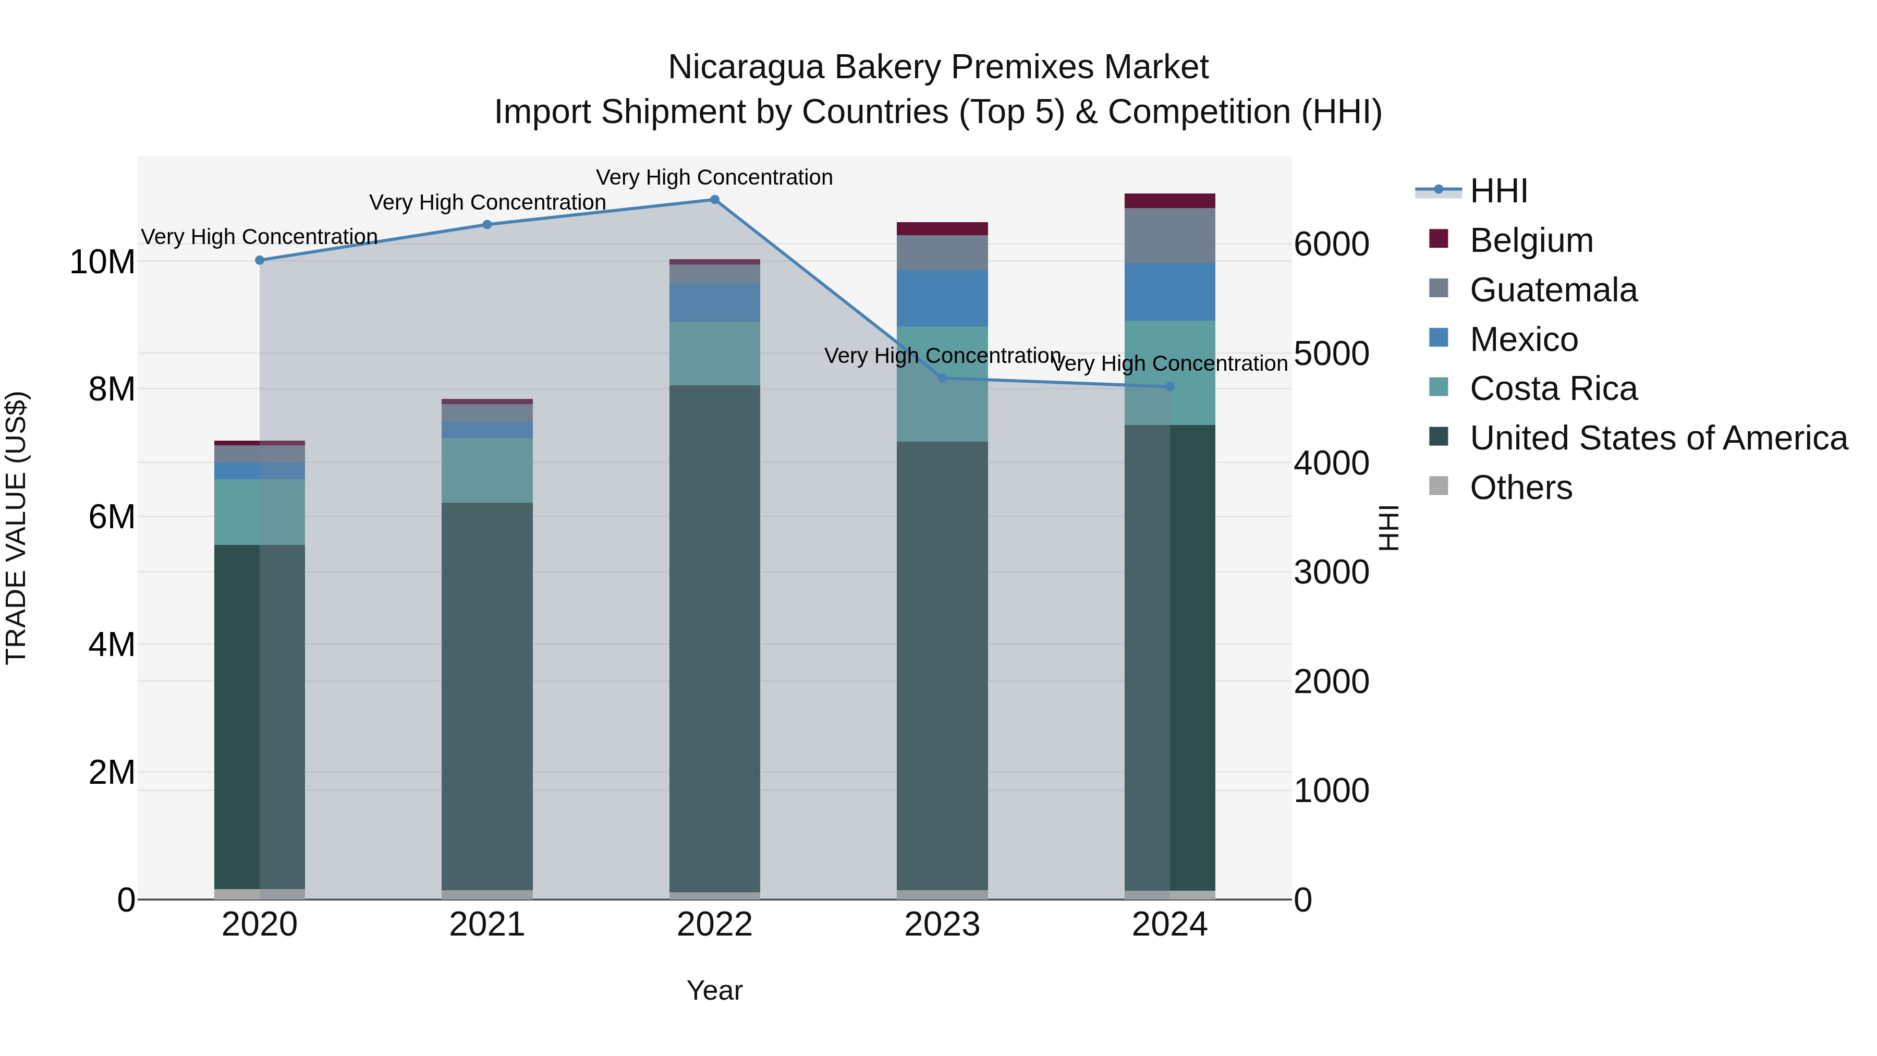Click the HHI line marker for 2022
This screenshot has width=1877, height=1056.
[x=714, y=200]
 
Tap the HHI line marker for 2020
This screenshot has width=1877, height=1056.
[x=260, y=260]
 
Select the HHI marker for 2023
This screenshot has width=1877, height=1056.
[x=942, y=378]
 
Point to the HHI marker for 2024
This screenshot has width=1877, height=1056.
[x=1169, y=387]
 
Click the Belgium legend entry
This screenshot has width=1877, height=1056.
[x=1531, y=240]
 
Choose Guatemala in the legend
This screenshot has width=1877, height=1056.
[x=1553, y=290]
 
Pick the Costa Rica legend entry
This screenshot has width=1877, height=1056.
[x=1553, y=389]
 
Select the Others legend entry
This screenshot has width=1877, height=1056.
[x=1521, y=488]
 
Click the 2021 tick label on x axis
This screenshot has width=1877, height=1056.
[x=487, y=925]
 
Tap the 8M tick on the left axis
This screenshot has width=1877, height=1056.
[x=112, y=389]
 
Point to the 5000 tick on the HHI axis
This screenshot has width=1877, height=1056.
[x=1331, y=354]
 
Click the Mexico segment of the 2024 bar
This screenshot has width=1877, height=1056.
[x=1169, y=292]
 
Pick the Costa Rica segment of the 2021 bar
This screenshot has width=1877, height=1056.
[x=487, y=470]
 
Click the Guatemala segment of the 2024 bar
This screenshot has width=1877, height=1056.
[x=1169, y=235]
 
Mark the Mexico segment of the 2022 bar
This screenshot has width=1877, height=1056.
[x=714, y=302]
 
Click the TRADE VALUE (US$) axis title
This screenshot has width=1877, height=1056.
[x=16, y=528]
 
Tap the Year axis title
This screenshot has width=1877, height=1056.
[x=714, y=990]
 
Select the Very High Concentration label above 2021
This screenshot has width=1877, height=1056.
[x=487, y=202]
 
